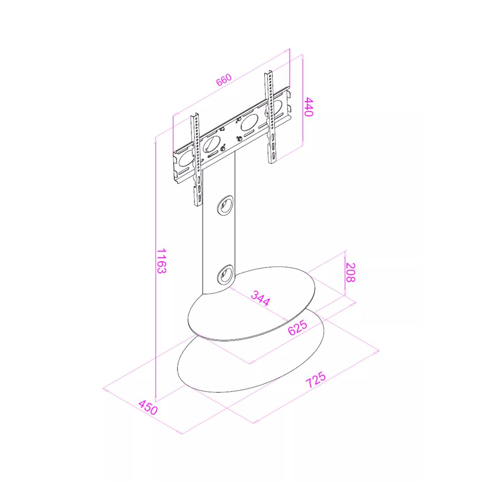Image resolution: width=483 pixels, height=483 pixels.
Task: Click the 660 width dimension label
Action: tap(224, 80)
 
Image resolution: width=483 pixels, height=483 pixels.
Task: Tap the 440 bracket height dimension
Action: tap(309, 107)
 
